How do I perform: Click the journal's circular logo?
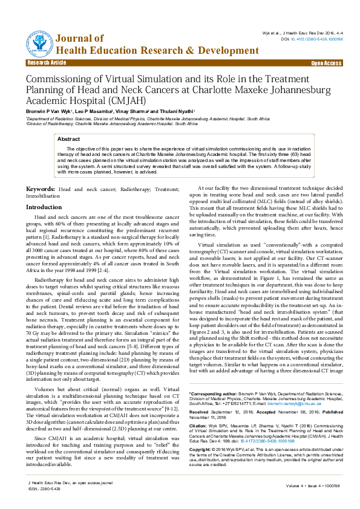click(x=38, y=42)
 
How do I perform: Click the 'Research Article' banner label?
click(x=47, y=63)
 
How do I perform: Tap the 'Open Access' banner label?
click(x=326, y=63)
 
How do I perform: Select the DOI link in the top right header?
click(x=309, y=38)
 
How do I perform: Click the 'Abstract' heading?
click(x=68, y=139)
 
